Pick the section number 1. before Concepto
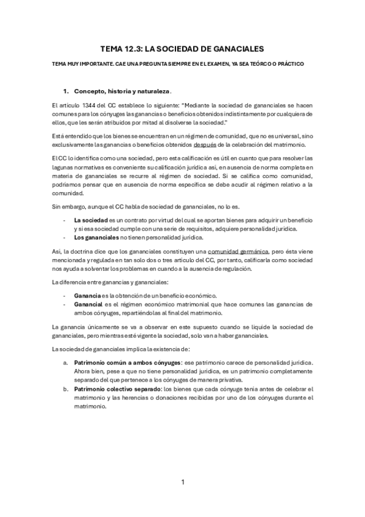pos(68,91)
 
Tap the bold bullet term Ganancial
pos(88,304)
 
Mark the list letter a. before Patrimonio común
pos(66,362)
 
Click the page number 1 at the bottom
pos(182,482)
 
